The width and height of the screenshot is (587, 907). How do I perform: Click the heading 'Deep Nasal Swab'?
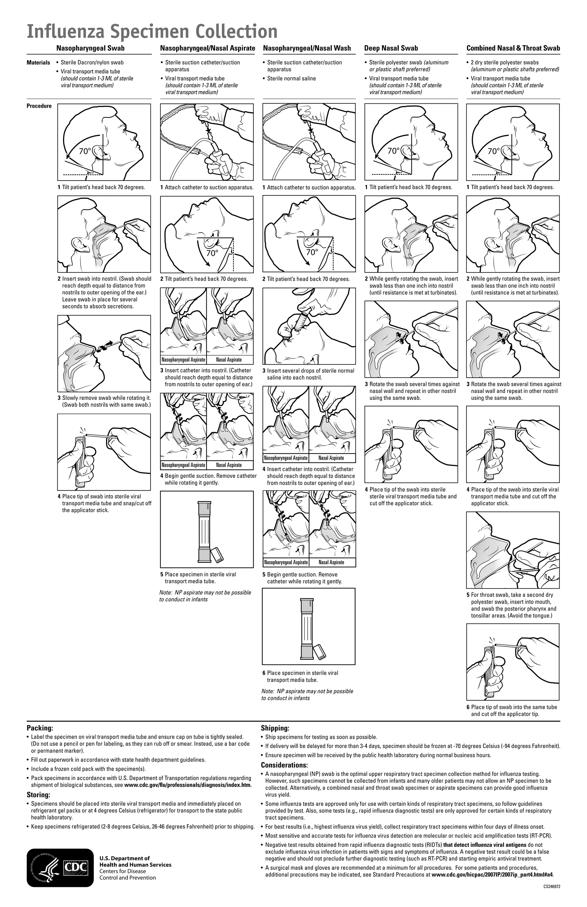tap(391, 48)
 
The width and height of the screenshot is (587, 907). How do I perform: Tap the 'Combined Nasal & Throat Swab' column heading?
tap(513, 48)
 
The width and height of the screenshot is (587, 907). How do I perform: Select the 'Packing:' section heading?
tap(40, 728)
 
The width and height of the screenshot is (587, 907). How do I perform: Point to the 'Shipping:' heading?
tap(275, 728)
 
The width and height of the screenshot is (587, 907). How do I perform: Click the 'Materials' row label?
tap(38, 62)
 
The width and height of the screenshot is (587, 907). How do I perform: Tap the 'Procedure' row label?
tap(39, 106)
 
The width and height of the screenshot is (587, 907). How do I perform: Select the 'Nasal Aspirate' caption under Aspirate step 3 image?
tap(229, 360)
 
